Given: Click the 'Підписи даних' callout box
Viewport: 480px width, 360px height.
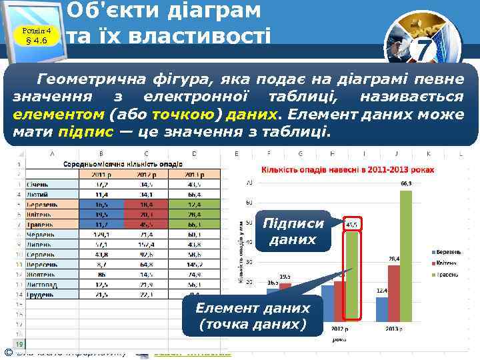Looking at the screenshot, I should (294, 231).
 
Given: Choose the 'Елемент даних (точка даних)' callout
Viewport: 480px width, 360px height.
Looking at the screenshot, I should (252, 316).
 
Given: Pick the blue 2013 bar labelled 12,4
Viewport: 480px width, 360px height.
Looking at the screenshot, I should (381, 309).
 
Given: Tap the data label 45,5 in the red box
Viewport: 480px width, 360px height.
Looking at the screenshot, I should (351, 225).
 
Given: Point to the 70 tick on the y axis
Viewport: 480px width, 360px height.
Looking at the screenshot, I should (248, 182).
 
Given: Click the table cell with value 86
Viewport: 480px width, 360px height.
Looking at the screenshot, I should (102, 273).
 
